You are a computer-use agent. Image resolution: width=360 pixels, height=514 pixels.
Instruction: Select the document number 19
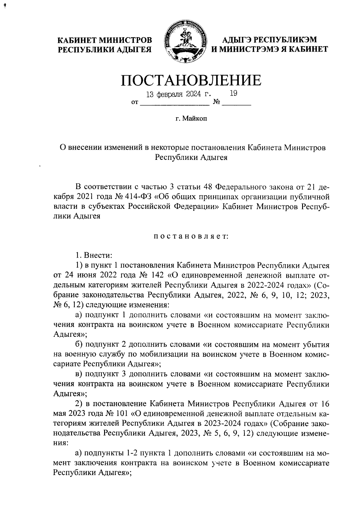click(233, 94)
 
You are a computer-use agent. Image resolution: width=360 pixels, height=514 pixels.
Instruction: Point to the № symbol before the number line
click(216, 103)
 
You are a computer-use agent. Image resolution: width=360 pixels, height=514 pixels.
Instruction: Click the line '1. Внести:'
click(94, 256)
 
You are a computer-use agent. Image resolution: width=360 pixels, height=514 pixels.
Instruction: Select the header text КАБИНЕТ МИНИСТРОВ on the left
click(105, 40)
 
